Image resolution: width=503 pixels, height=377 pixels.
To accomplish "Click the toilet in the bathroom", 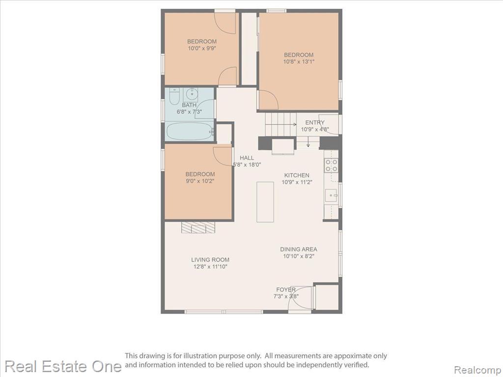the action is (174, 97).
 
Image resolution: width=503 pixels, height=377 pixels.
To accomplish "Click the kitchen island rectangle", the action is (265, 202).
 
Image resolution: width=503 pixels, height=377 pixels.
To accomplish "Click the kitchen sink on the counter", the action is (331, 195).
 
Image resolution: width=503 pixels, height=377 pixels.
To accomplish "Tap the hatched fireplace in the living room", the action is (198, 227).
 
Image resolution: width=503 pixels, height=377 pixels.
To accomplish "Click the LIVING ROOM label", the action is (210, 260).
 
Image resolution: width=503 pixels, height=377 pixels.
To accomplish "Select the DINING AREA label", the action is (299, 249).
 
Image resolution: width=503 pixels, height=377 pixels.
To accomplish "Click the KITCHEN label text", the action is (297, 175).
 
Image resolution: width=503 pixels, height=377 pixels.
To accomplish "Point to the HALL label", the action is (247, 158).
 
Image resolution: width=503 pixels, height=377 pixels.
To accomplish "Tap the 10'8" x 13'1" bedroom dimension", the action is (299, 61).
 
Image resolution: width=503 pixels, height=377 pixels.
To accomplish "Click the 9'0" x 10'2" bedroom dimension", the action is (200, 181).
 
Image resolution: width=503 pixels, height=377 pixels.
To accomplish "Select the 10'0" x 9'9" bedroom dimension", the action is (202, 48).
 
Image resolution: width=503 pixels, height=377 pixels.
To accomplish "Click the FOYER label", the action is (286, 290).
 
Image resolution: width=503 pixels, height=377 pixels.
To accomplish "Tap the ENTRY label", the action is (315, 122).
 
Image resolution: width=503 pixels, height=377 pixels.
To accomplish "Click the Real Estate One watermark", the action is (63, 366).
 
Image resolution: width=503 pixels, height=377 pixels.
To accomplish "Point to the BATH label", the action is (189, 105).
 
